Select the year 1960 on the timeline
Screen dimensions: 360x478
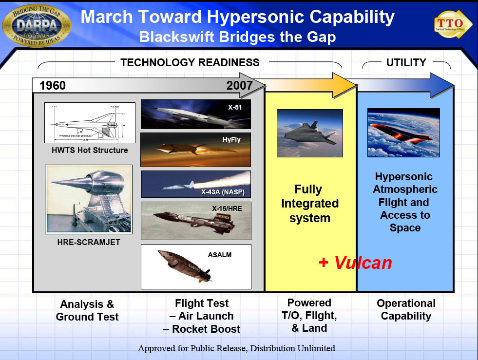coord(53,86)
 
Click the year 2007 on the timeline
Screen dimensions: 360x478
coord(239,86)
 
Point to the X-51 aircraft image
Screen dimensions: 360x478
coord(195,114)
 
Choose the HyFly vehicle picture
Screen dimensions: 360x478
coord(195,150)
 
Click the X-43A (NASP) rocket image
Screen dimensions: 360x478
coord(196,184)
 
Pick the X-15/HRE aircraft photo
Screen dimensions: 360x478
coord(196,221)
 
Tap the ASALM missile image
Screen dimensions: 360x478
coord(196,266)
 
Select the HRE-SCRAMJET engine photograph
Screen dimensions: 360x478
coord(89,199)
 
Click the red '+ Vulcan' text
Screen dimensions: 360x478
coord(355,263)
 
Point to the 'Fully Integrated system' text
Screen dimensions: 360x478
coord(309,203)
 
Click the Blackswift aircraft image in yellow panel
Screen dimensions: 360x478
coord(309,133)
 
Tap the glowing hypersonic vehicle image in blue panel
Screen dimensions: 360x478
coord(403,133)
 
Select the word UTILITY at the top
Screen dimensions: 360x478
coord(406,62)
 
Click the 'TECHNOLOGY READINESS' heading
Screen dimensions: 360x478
coord(190,62)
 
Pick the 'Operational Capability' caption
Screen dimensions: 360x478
coord(406,309)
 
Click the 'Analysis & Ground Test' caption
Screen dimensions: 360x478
coord(87,310)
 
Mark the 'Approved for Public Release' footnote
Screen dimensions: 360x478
coord(236,348)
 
